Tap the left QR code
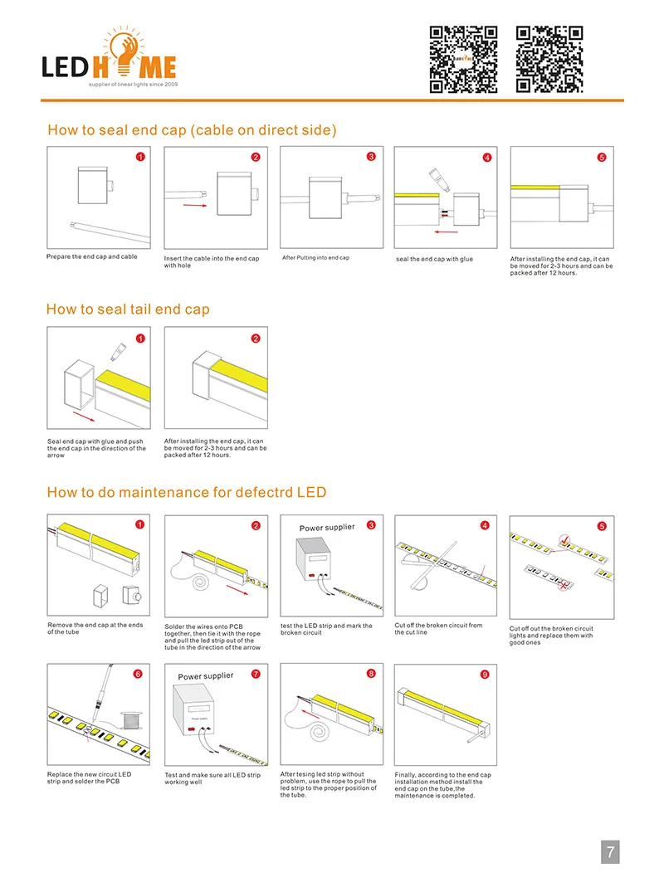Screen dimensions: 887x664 (463, 59)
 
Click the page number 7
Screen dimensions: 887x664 (610, 851)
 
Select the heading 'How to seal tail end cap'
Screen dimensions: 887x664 (128, 309)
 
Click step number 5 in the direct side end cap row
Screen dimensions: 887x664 (602, 157)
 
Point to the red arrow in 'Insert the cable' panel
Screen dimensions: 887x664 (193, 204)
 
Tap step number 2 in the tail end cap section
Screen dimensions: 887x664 (255, 338)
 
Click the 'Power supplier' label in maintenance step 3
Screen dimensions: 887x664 (326, 528)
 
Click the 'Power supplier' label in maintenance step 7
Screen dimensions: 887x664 (206, 676)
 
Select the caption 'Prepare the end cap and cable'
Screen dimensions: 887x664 (92, 257)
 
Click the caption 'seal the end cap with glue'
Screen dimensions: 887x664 (435, 260)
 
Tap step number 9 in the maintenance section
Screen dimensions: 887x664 (485, 675)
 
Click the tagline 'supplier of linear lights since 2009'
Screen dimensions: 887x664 (134, 85)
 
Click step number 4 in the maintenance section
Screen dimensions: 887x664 (486, 525)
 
